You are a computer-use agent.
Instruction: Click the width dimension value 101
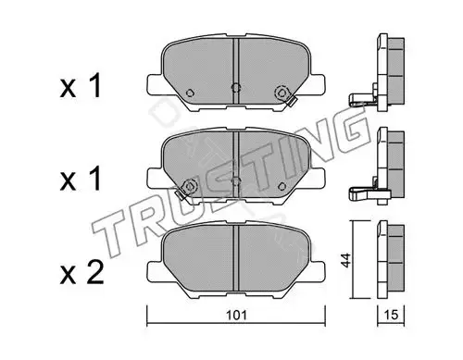click(236, 316)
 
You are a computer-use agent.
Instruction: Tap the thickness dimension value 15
click(391, 315)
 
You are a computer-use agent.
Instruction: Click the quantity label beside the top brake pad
click(81, 86)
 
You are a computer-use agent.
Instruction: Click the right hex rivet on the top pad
click(282, 92)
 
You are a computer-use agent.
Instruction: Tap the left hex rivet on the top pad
click(190, 93)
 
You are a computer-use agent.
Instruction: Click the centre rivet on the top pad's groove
click(236, 88)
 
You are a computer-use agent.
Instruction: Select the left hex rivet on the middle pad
click(190, 186)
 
